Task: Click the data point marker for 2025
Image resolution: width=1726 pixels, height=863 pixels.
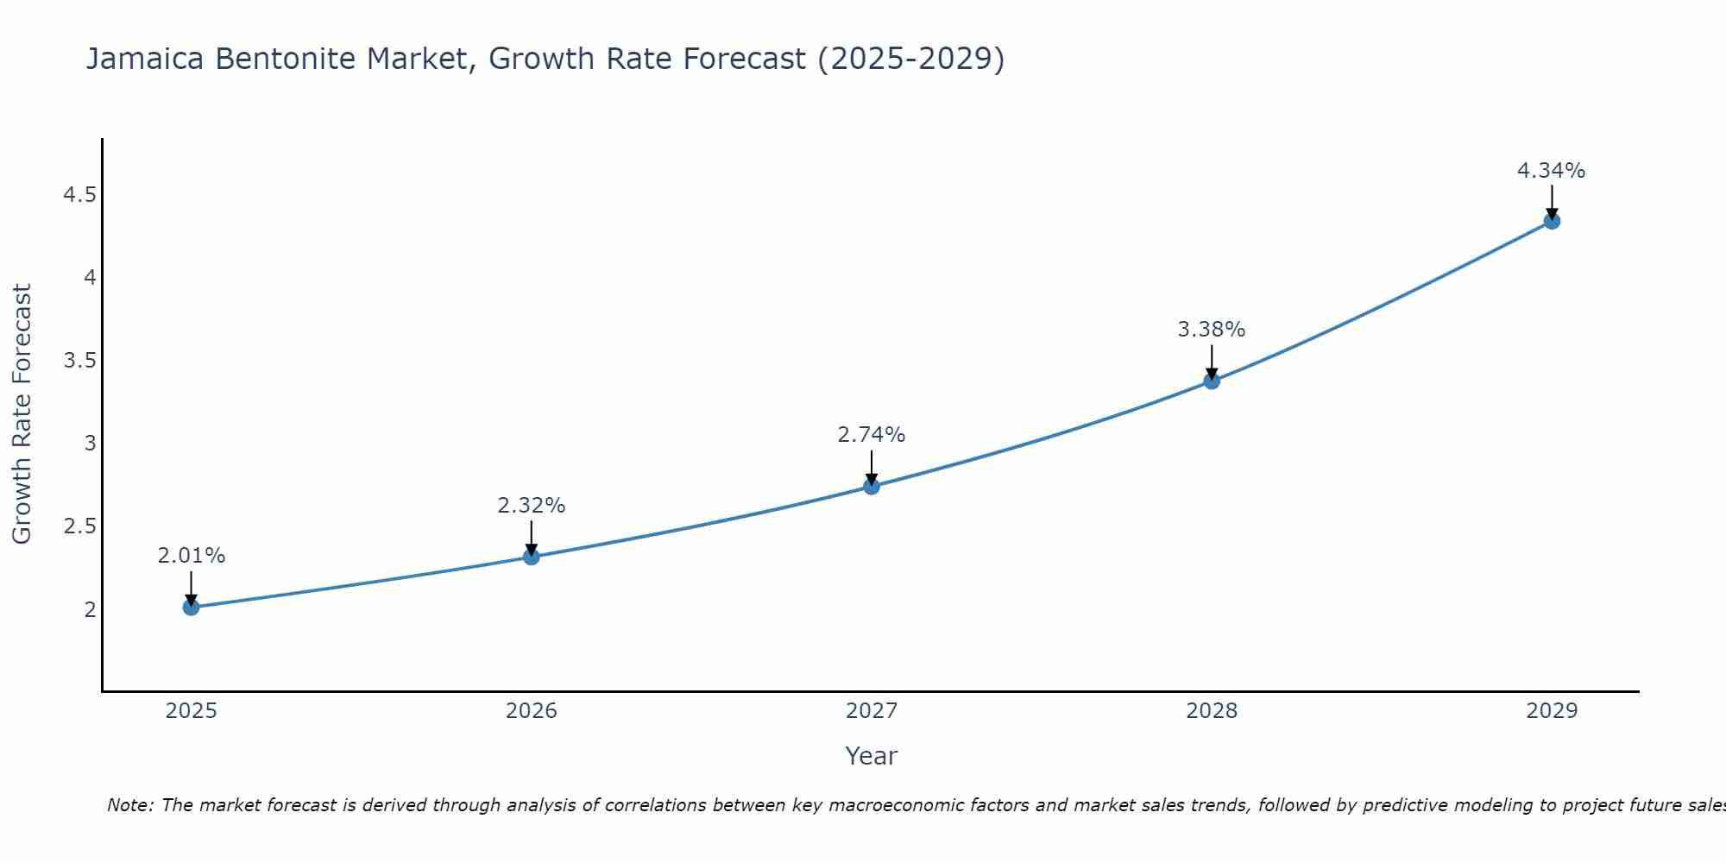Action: click(191, 607)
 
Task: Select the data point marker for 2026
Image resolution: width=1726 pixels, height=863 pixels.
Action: click(531, 557)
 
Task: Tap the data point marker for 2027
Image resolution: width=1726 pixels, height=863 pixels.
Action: click(871, 486)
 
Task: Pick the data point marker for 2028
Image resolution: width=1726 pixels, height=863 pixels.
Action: click(1211, 381)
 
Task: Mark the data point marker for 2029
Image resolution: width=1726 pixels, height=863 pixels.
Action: click(1551, 221)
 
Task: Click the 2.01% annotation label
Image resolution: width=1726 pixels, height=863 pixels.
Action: click(191, 556)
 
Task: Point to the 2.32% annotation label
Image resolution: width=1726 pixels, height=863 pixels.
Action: click(531, 506)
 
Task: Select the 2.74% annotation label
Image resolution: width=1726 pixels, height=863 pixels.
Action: click(871, 435)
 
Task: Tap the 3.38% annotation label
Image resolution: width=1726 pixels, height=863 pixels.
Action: click(1211, 330)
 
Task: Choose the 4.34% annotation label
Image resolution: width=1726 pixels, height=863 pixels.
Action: click(1551, 171)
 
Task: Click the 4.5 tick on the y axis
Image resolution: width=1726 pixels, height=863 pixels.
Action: click(79, 195)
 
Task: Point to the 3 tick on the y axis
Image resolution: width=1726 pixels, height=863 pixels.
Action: click(90, 444)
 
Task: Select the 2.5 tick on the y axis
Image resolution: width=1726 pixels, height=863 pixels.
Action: click(79, 526)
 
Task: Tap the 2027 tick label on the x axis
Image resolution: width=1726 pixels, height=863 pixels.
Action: click(871, 711)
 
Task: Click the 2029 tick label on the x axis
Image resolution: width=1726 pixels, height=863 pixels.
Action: click(1551, 711)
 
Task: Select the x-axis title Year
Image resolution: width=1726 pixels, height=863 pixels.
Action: click(871, 756)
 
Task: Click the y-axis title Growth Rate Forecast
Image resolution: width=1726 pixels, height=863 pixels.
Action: click(22, 414)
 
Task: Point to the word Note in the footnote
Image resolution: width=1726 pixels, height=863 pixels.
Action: click(129, 805)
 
